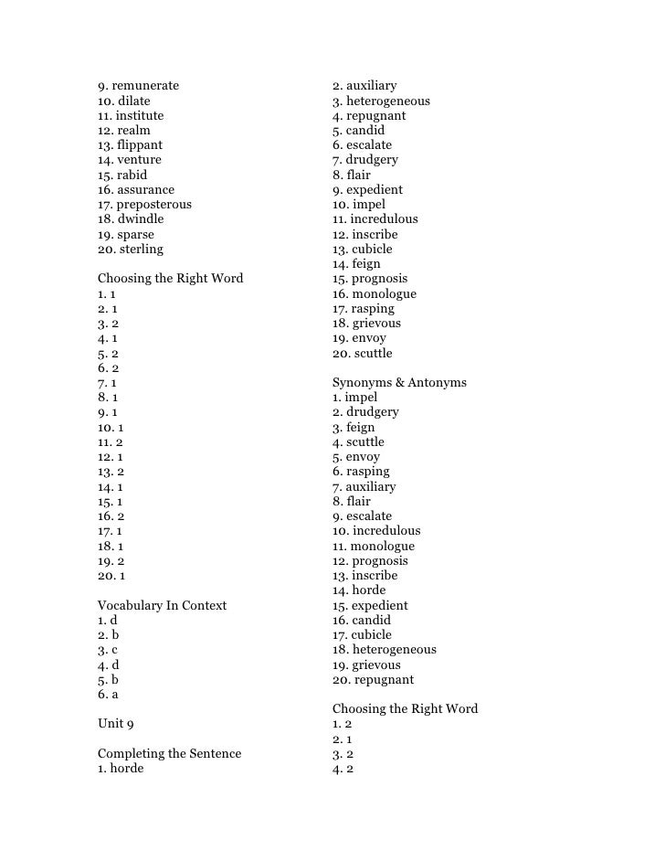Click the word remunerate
[145, 86]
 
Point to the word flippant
[140, 145]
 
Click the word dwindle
[141, 219]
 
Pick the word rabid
[132, 175]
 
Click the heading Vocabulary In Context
[162, 605]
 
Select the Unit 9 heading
[116, 724]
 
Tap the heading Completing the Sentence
[169, 753]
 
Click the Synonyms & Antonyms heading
[399, 382]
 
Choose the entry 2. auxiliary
[364, 86]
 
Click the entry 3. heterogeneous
[381, 101]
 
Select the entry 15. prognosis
[370, 279]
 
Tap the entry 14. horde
[359, 590]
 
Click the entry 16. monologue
[375, 293]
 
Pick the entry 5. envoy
[356, 457]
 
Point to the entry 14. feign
[356, 264]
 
